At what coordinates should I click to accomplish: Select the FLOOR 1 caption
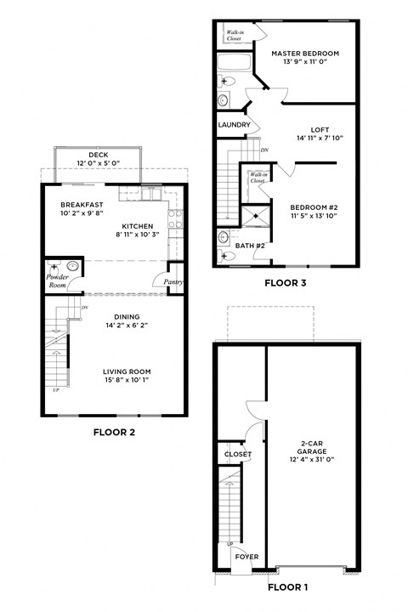coord(289,586)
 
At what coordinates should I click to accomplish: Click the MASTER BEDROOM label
coord(305,54)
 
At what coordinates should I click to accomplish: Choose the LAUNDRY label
coord(234,125)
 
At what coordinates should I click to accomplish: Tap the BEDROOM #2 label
coord(314,207)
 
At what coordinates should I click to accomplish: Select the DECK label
coord(98,155)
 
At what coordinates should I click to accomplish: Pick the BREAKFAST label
coord(82,205)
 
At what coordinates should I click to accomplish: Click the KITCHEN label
coord(137,226)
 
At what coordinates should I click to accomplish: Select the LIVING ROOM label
coord(127,371)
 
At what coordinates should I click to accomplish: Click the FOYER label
coord(246,558)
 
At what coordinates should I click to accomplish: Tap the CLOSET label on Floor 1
coord(238,455)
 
